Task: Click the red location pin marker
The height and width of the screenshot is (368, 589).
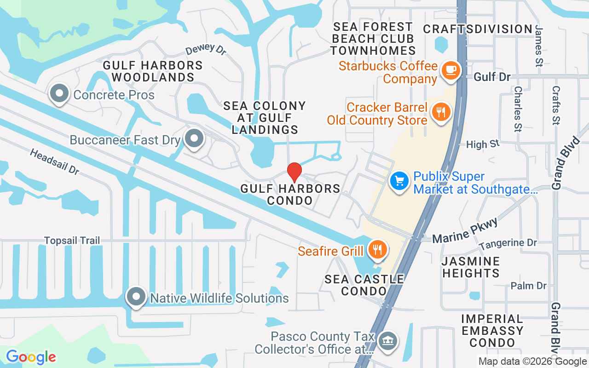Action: click(x=294, y=172)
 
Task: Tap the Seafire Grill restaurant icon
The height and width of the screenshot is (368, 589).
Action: click(x=377, y=249)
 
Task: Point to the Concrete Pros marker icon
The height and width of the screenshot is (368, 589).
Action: click(x=59, y=94)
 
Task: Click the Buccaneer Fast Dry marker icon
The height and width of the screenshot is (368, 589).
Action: click(x=194, y=138)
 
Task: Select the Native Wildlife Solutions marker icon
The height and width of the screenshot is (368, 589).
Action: click(x=137, y=297)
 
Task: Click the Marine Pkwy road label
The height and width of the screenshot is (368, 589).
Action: click(x=465, y=231)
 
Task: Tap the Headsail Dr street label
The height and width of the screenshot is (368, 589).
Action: click(x=55, y=161)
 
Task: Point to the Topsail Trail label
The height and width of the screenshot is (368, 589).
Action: click(x=72, y=241)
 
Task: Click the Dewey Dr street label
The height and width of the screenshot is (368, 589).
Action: click(x=206, y=50)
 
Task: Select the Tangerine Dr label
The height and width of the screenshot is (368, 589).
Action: click(x=508, y=243)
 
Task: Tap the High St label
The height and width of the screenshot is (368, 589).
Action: click(x=482, y=144)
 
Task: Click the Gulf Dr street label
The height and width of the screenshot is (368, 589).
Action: click(x=492, y=76)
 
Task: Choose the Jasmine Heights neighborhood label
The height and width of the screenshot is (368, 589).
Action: click(x=470, y=267)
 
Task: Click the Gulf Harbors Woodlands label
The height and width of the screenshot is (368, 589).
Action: click(x=153, y=71)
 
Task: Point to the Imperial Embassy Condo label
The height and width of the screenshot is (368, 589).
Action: click(x=492, y=331)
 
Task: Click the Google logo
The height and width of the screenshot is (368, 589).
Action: click(x=31, y=357)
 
